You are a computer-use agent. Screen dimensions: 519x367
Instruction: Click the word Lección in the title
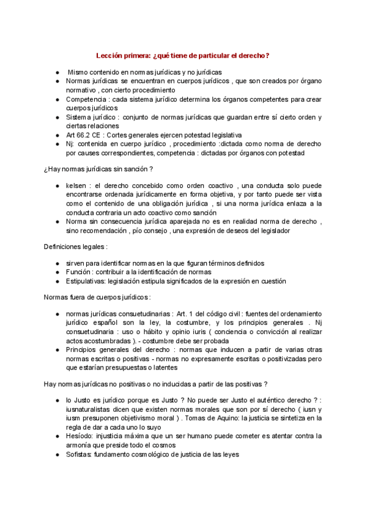112,56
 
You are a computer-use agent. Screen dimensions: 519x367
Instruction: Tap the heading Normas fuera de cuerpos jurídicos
97,297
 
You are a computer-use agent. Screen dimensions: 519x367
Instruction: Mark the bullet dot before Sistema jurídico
57,117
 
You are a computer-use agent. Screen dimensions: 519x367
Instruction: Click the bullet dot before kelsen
57,185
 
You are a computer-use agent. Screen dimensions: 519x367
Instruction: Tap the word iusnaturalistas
90,409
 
